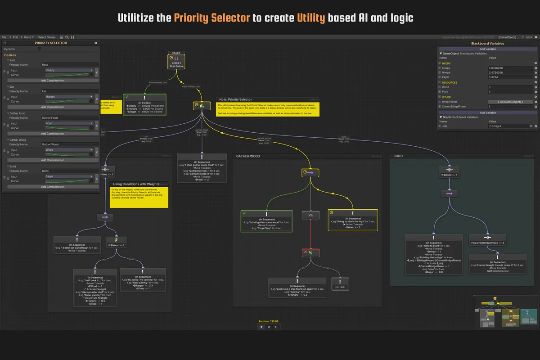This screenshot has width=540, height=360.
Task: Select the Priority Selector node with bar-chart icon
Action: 202,105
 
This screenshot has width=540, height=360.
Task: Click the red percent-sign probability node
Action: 310,253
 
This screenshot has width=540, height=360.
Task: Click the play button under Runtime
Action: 261,327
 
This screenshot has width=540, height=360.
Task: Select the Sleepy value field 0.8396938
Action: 510,68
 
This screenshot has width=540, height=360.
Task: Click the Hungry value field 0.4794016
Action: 510,72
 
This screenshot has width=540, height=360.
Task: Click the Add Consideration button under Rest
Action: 53,81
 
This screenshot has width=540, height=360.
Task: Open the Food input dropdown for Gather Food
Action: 69,123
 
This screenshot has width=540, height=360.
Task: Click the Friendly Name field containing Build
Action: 70,171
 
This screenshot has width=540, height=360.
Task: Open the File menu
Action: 4,37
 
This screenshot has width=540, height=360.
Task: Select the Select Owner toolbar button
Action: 46,37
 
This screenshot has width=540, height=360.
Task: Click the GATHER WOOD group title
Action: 248,156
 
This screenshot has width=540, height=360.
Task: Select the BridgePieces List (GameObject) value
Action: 510,102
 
